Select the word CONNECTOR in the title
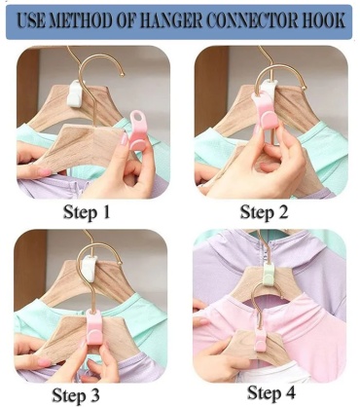tap(252, 20)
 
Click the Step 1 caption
tap(87, 212)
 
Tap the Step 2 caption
tap(264, 212)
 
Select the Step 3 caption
tap(76, 395)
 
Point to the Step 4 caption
tap(271, 392)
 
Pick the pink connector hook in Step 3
tap(95, 328)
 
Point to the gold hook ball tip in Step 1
tap(123, 75)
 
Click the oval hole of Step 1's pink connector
tap(136, 117)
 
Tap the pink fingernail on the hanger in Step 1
tap(124, 139)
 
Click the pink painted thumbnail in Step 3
tap(43, 361)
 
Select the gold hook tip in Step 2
tap(304, 88)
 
